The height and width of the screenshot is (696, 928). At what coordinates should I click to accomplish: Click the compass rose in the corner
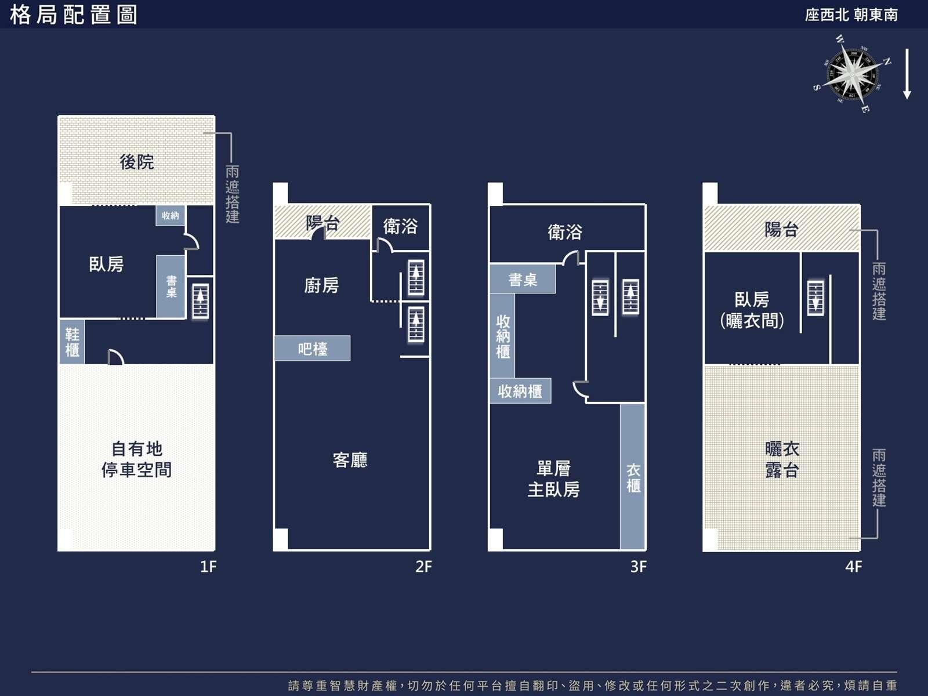851,74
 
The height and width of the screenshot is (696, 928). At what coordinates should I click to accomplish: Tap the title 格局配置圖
74,15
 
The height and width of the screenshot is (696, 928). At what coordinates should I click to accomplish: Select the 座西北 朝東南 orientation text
851,15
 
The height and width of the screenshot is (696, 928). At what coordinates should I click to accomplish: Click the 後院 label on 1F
136,162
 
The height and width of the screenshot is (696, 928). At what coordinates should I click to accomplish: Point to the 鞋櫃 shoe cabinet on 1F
72,342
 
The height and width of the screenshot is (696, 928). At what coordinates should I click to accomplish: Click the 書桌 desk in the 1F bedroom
171,287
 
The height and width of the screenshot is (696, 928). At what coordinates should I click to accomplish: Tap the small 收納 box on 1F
170,216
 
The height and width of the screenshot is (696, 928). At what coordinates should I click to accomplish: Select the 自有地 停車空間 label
136,459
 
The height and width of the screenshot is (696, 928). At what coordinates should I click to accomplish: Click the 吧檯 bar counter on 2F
313,349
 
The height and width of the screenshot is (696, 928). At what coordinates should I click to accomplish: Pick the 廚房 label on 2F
321,286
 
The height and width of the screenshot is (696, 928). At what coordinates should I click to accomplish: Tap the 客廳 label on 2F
350,460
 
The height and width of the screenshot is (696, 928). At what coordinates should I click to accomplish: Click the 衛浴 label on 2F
400,226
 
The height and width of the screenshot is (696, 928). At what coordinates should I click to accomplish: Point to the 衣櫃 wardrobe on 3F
632,477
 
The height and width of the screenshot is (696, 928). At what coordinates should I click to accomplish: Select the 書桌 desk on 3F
523,279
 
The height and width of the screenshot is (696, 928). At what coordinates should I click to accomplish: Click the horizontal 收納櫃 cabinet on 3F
520,391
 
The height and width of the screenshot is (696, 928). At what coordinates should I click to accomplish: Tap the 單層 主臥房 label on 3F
554,479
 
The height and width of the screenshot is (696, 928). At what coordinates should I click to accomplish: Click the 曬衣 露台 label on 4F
782,460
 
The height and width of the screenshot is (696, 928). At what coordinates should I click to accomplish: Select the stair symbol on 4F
815,298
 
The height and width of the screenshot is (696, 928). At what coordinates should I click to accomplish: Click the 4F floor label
854,567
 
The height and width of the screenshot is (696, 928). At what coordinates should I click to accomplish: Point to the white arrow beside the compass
907,74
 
